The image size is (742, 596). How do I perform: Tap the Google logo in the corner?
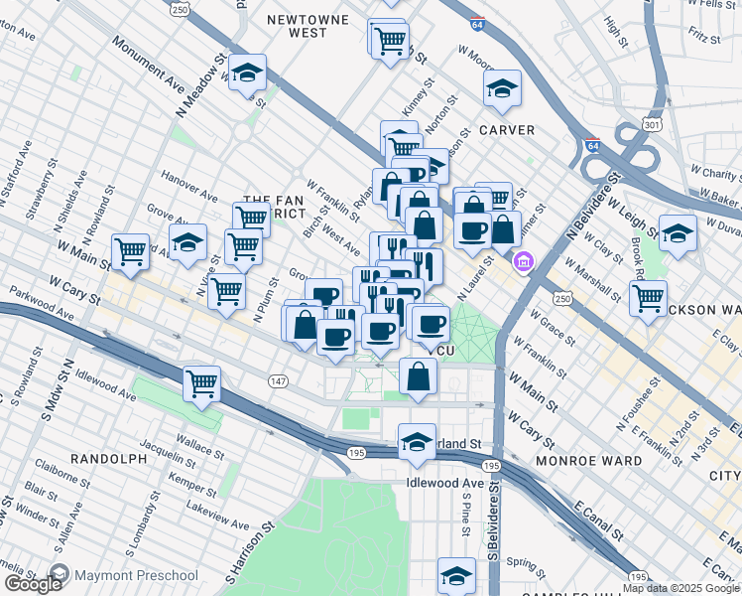pos(33,584)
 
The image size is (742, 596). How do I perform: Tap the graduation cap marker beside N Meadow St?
pos(246,73)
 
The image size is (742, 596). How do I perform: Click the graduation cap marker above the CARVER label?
pos(503,88)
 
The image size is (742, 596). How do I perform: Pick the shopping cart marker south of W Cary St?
pos(201,384)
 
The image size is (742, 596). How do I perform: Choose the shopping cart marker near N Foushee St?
pos(648,297)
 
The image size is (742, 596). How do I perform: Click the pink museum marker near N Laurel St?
pos(522,262)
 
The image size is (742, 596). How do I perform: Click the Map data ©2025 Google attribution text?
pos(680,588)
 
